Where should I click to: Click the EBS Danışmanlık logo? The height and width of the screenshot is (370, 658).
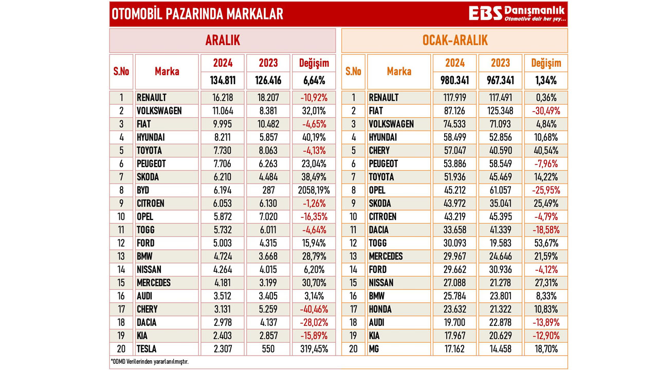(517, 14)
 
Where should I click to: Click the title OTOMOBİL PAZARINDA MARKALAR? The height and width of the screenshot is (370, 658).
(197, 14)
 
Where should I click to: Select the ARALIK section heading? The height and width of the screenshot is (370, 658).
(222, 41)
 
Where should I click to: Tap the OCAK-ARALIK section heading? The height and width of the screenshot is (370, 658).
(454, 41)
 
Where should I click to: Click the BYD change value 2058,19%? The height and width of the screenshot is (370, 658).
(314, 190)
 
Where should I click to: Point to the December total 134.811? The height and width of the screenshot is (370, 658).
(223, 81)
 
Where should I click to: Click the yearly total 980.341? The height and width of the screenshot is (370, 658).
(454, 81)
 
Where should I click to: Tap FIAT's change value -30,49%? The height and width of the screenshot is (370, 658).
(546, 110)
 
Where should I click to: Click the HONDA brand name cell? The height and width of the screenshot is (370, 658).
(380, 309)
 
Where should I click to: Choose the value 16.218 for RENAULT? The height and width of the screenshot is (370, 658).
(223, 97)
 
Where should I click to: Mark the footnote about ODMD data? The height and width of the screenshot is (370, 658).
(150, 362)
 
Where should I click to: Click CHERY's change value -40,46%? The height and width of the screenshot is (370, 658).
(314, 309)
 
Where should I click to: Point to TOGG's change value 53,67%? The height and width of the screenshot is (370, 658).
(546, 243)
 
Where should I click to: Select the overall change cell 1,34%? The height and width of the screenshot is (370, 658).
(546, 81)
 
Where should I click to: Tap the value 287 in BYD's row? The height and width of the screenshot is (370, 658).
(268, 190)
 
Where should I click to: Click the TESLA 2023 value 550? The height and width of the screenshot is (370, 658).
(268, 349)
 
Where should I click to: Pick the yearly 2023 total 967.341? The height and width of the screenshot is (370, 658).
(500, 81)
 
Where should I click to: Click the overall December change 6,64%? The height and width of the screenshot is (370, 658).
(314, 81)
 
